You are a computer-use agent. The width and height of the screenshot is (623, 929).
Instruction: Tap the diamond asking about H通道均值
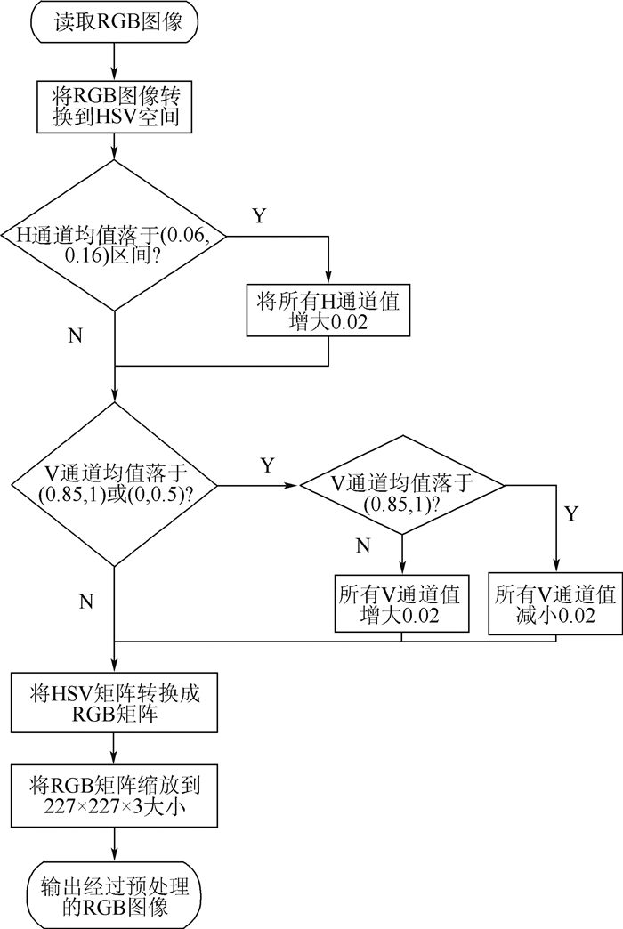click(x=115, y=237)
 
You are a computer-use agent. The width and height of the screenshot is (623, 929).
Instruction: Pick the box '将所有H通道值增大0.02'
click(x=328, y=311)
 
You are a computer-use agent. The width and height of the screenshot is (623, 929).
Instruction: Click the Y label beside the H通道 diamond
click(x=258, y=216)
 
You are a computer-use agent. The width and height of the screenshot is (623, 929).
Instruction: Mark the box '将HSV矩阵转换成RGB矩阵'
click(x=115, y=702)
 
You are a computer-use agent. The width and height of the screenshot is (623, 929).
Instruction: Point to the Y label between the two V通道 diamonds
click(x=266, y=465)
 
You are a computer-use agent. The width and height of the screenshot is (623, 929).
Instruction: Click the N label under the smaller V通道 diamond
click(x=362, y=545)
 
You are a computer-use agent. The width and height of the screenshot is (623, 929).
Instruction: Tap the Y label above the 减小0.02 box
click(x=571, y=514)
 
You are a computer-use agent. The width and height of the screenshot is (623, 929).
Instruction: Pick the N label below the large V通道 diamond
click(x=86, y=602)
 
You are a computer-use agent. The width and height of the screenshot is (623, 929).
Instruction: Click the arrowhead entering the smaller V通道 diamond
click(x=295, y=486)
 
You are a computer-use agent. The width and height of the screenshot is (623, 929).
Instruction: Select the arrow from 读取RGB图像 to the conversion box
click(x=115, y=61)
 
